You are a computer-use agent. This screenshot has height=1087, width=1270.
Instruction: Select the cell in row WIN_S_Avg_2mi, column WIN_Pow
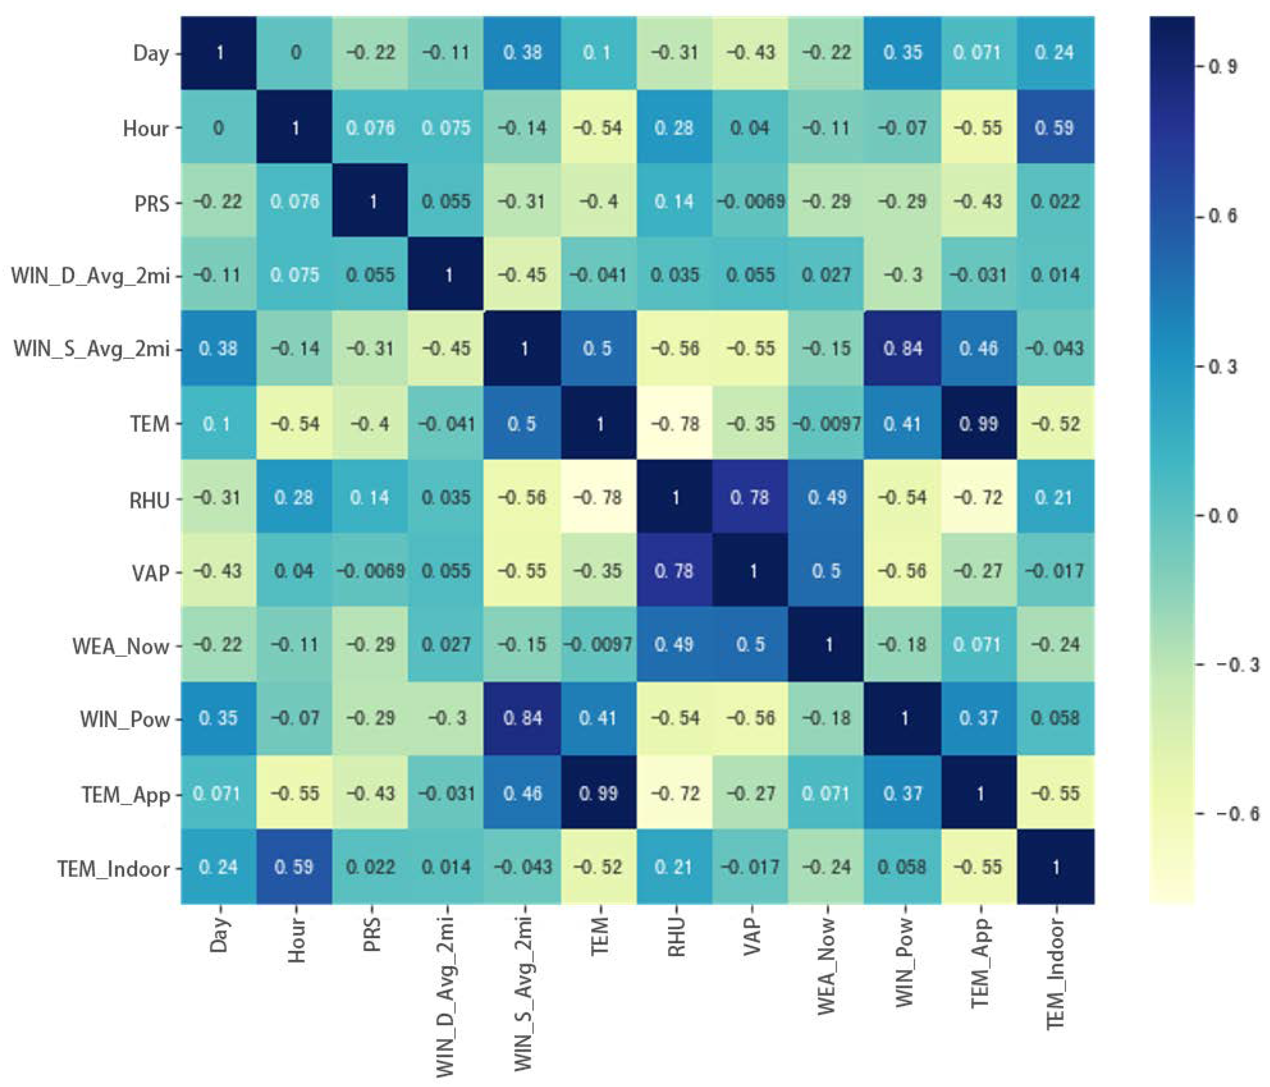903,349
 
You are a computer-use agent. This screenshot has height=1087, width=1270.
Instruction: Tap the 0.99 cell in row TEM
979,423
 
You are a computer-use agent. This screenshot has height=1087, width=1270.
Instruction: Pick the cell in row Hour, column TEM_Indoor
1055,128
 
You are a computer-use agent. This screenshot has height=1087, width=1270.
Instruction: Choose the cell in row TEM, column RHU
675,423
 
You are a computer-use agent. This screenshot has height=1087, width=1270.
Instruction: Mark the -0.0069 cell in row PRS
751,202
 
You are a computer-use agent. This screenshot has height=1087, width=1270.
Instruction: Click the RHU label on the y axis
149,500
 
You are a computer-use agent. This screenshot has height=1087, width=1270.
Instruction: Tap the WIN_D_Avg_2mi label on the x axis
447,996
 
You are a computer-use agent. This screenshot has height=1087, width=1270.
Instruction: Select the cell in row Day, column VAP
751,53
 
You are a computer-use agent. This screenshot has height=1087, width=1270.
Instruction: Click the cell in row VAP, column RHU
675,571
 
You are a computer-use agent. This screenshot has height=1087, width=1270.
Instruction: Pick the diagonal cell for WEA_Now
827,645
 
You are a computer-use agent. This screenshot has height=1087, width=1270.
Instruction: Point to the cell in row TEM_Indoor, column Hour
295,867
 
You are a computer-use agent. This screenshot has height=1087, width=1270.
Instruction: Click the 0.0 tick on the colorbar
1222,516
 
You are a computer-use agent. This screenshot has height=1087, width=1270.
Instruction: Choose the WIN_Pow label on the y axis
125,719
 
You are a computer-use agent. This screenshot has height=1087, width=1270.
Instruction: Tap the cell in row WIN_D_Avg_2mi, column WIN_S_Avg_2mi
523,275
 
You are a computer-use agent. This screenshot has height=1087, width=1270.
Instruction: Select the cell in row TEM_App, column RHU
675,793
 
